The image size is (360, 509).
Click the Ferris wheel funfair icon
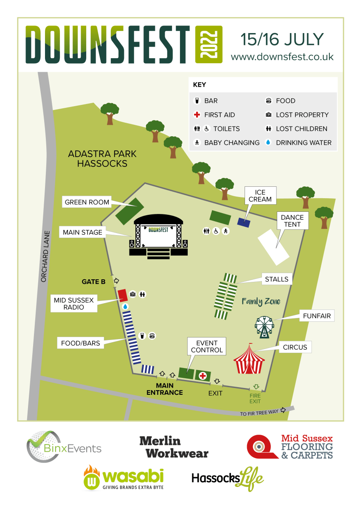[264, 326]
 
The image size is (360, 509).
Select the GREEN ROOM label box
[87, 202]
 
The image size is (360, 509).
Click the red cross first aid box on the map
[203, 375]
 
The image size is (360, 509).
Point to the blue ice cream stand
[244, 222]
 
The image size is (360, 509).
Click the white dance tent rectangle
[274, 245]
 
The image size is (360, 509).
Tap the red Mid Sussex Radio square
[122, 295]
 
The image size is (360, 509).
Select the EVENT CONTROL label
[207, 346]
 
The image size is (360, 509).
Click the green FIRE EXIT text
[255, 399]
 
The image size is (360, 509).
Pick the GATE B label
[93, 281]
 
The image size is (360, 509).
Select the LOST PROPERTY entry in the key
[302, 115]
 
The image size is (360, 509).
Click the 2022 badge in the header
[208, 45]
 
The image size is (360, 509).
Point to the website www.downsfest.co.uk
[282, 56]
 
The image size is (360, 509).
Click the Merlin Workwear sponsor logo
[174, 447]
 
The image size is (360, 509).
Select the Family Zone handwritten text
[261, 301]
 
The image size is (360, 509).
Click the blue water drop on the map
[125, 307]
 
